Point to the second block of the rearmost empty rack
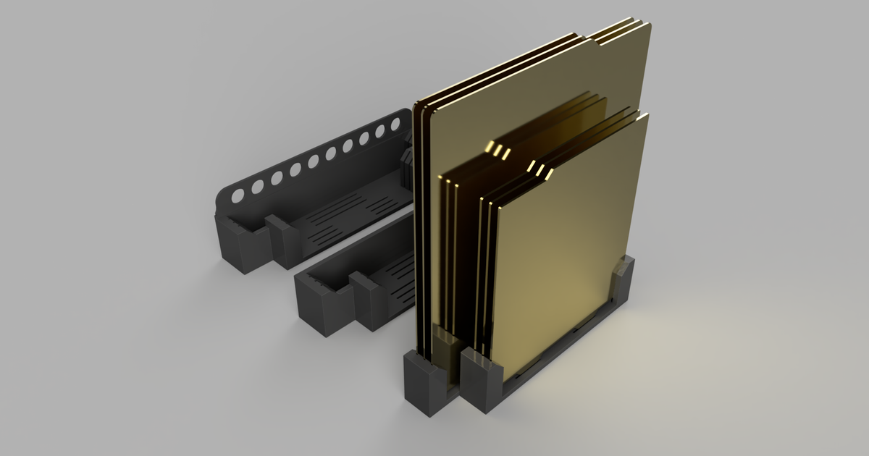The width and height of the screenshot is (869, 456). coord(283,239)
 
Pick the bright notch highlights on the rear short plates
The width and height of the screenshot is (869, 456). coord(499,151)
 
